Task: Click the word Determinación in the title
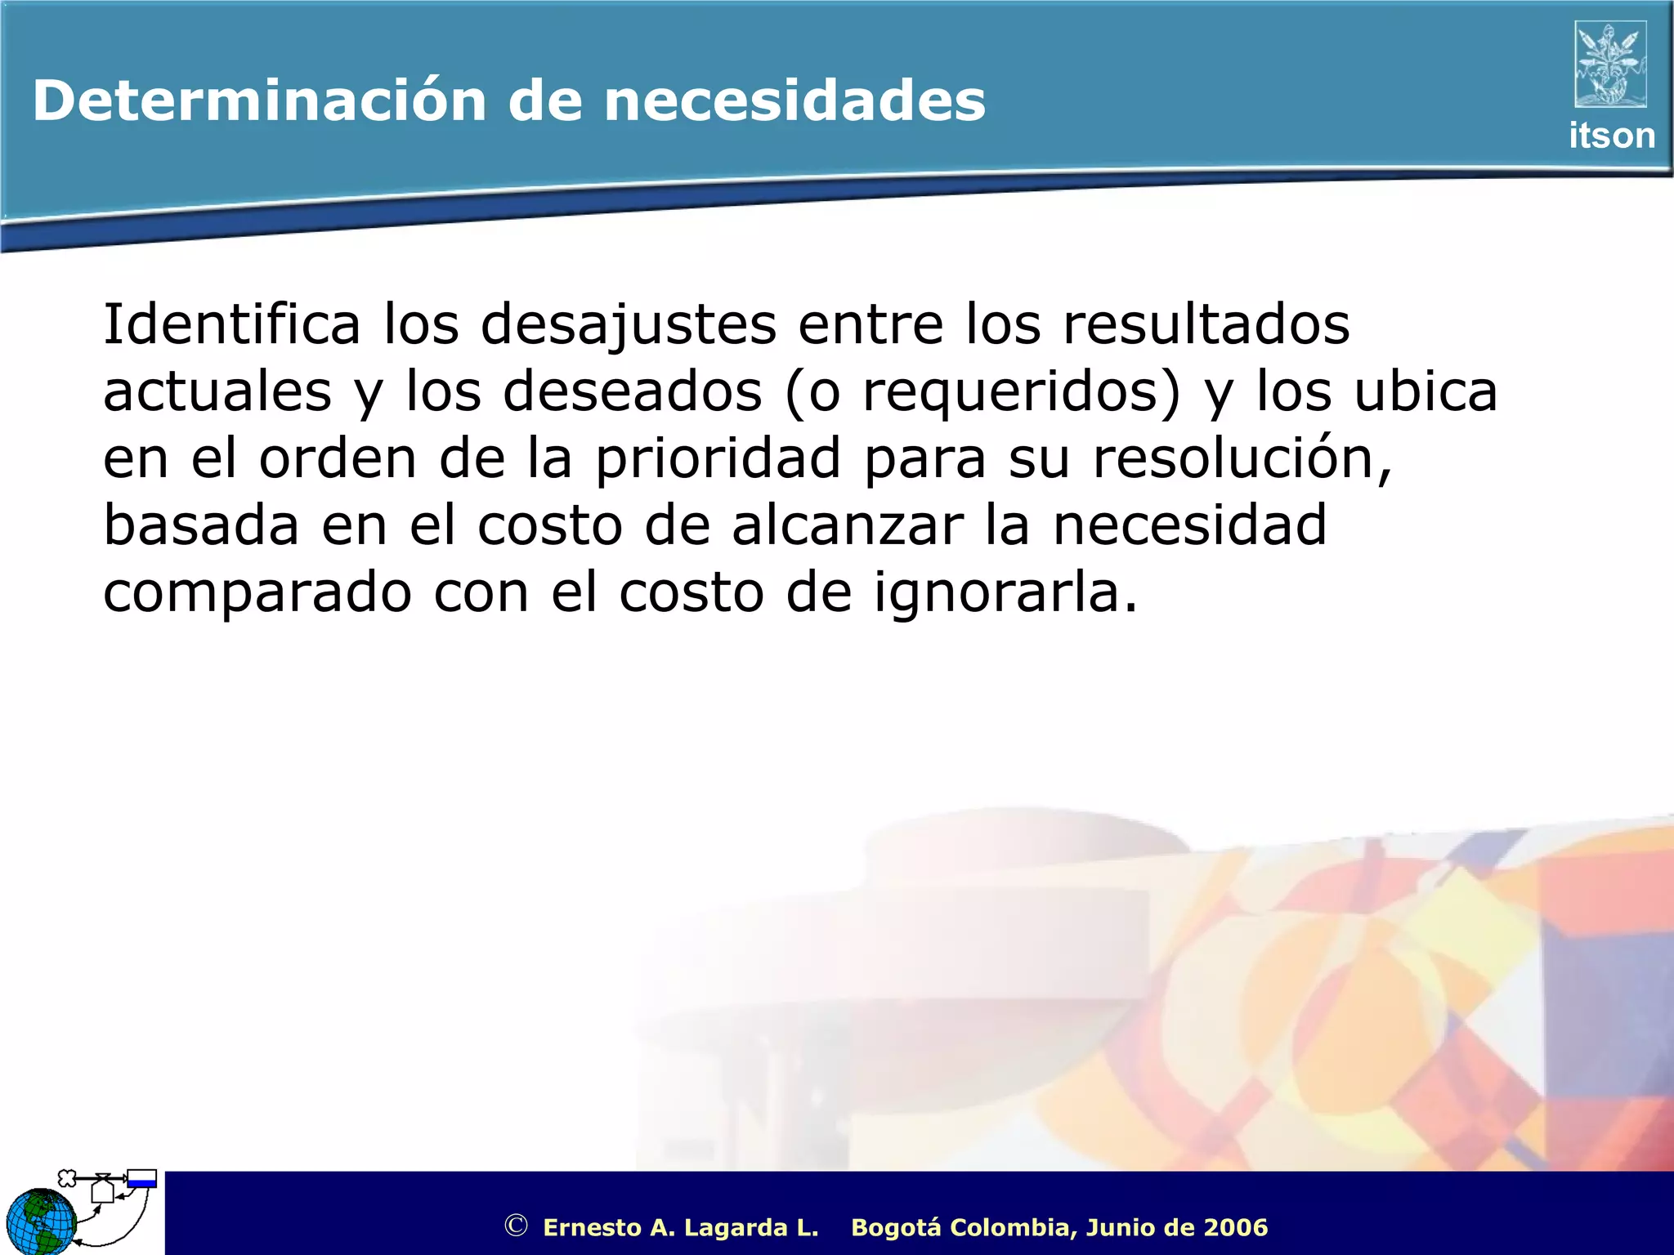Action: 260,101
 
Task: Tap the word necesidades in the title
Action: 794,101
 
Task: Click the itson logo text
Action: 1611,136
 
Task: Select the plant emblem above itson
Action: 1610,65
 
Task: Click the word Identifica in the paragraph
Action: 231,324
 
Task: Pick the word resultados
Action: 1206,324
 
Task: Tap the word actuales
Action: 217,391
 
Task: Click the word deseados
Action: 632,391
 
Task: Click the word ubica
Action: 1426,391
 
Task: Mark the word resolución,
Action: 1242,458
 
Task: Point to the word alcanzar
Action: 848,525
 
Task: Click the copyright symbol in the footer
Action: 516,1226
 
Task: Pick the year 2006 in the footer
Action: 1234,1227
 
